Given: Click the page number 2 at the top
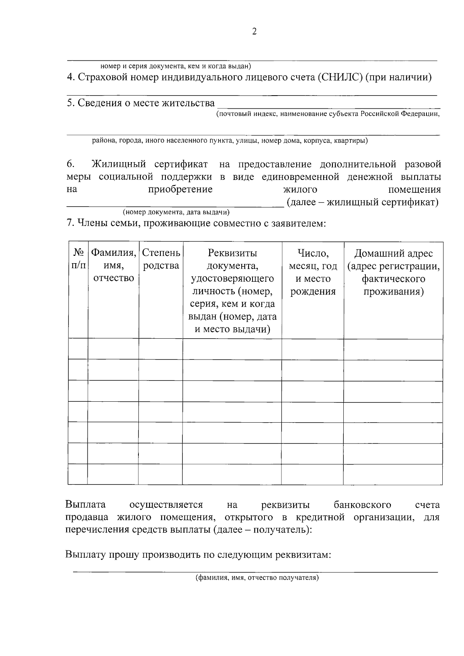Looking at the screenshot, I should (x=254, y=32).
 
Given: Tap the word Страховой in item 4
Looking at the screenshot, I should (x=101, y=77).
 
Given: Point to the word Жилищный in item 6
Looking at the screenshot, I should (x=118, y=164).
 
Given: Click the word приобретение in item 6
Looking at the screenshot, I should (x=181, y=189).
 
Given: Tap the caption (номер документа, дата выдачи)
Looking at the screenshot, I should (x=176, y=212).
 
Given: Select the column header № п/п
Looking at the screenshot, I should (x=78, y=259).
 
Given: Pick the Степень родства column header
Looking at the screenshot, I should (x=161, y=259).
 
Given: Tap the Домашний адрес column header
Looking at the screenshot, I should (x=393, y=272).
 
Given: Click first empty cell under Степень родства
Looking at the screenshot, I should (x=161, y=349).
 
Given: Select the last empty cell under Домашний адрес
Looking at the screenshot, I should (x=393, y=474).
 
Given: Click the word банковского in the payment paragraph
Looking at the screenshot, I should (x=362, y=505).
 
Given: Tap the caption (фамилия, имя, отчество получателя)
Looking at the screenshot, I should (x=256, y=578).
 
